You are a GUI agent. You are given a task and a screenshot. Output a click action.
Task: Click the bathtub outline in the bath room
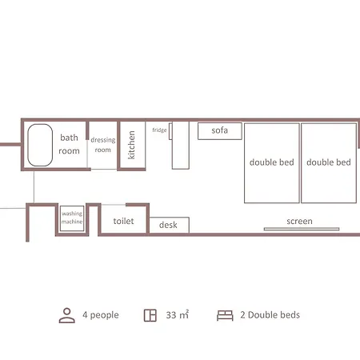(x=28, y=146)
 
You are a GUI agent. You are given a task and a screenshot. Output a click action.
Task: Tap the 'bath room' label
(x=69, y=144)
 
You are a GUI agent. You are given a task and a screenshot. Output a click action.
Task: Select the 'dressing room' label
(x=103, y=145)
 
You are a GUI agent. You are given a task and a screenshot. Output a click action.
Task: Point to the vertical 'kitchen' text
(x=131, y=145)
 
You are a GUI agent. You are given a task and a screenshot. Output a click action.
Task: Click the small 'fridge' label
(x=159, y=130)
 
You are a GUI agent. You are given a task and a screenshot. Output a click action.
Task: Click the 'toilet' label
(x=123, y=221)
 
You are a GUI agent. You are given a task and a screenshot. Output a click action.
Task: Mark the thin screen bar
(x=302, y=229)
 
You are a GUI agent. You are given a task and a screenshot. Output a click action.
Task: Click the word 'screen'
(x=299, y=222)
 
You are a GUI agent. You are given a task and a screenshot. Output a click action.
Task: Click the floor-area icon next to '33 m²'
(x=150, y=315)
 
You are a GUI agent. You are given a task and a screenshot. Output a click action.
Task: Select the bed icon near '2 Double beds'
(x=225, y=315)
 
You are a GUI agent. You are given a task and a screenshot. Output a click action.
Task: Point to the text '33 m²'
(x=178, y=314)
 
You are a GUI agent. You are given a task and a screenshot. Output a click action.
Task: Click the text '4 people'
(x=101, y=315)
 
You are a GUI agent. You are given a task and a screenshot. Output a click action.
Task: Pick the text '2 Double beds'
(x=270, y=315)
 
